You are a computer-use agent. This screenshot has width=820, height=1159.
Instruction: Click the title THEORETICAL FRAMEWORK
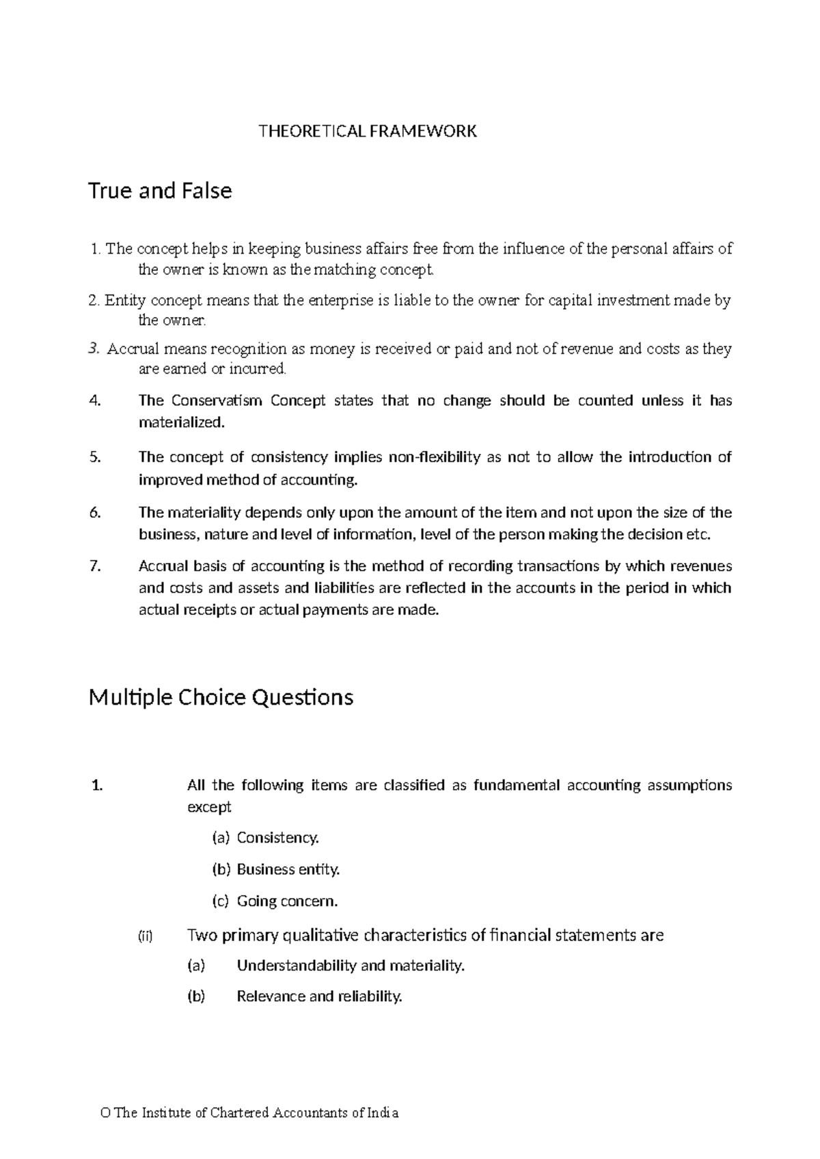pos(367,131)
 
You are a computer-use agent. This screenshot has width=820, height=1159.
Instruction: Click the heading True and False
pos(160,191)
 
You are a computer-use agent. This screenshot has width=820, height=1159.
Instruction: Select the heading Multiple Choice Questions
pos(221,698)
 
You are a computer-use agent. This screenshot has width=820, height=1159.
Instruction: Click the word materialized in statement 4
pos(180,423)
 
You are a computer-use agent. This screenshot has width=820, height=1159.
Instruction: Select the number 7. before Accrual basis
pos(95,566)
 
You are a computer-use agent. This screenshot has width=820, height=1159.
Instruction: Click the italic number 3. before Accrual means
pos(94,349)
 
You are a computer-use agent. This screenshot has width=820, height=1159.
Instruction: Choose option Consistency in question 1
pos(277,838)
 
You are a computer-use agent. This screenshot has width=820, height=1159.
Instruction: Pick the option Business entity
pos(288,869)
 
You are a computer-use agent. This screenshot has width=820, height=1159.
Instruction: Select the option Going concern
pos(287,901)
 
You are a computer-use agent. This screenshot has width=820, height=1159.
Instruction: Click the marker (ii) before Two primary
pos(145,936)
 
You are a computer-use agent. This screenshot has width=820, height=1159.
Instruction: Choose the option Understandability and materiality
pos(350,966)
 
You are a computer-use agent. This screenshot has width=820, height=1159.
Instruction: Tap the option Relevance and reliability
pos(319,996)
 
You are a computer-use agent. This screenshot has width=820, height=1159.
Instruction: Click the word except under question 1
pos(209,808)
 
